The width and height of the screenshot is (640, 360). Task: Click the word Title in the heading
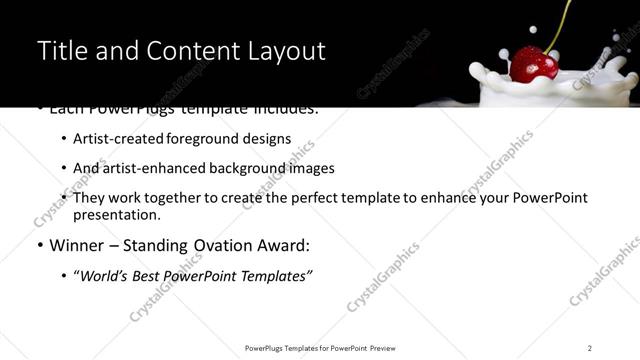click(x=59, y=51)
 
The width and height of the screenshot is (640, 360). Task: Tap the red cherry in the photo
click(x=534, y=65)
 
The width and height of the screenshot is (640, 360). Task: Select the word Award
click(x=284, y=245)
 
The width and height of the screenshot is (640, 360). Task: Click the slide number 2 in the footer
click(x=590, y=347)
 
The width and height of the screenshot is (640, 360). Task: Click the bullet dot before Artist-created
click(x=63, y=140)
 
